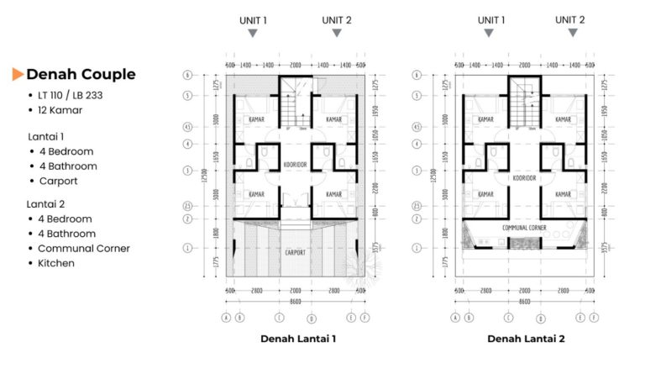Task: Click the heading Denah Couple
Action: click(81, 74)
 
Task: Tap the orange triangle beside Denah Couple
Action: click(18, 75)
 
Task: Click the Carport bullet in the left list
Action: click(58, 181)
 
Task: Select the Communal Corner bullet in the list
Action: click(84, 248)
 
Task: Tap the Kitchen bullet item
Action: click(56, 263)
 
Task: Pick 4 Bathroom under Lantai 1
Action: click(67, 166)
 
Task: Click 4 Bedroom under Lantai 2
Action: click(66, 219)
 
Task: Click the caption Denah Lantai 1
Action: click(297, 339)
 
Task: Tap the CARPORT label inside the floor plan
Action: click(295, 252)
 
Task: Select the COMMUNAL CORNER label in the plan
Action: click(525, 227)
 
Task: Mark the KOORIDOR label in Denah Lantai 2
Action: click(524, 178)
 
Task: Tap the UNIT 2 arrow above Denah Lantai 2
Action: click(573, 33)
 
